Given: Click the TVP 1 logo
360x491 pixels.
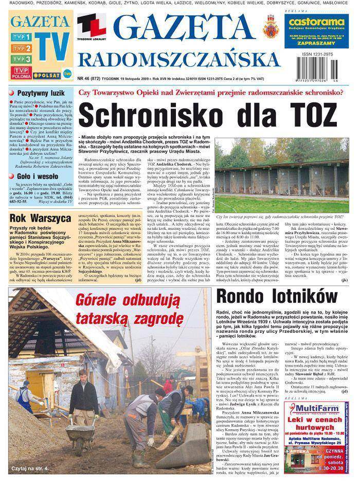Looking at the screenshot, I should click(x=22, y=37).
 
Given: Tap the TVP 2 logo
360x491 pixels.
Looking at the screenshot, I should click(x=22, y=48).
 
